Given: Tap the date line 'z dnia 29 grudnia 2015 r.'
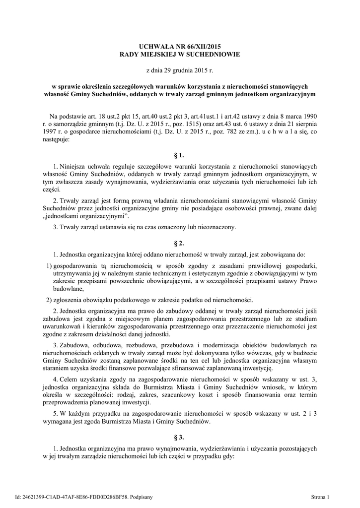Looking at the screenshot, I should [180, 71].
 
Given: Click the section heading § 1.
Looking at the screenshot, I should [180, 155].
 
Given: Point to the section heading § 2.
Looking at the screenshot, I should [180, 243].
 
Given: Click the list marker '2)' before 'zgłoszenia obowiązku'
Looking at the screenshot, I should [49, 300].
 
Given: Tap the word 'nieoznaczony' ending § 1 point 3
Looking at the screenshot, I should [217, 227].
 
